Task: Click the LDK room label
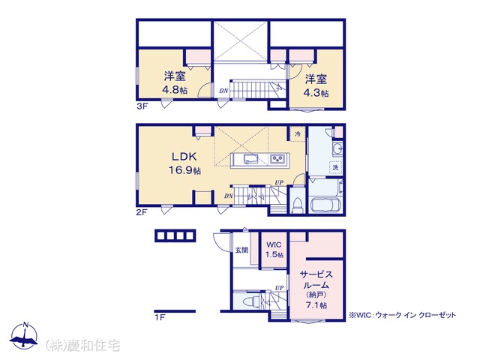pos(184,157)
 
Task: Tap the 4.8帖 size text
pos(175,90)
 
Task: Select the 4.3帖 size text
pos(316,93)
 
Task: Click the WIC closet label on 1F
pos(274,245)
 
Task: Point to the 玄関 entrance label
pos(241,250)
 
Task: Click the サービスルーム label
pos(316,280)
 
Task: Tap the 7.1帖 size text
pos(316,305)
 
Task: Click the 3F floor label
pos(142,106)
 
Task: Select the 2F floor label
pos(142,212)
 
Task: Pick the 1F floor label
pos(160,317)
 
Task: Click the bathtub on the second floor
pos(325,204)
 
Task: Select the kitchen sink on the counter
pos(250,159)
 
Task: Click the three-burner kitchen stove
pos(278,158)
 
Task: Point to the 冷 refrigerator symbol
pos(298,133)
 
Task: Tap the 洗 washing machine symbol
pos(336,167)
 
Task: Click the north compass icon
pos(24,336)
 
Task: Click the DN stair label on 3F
pos(223,91)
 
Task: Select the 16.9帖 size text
pos(185,170)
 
